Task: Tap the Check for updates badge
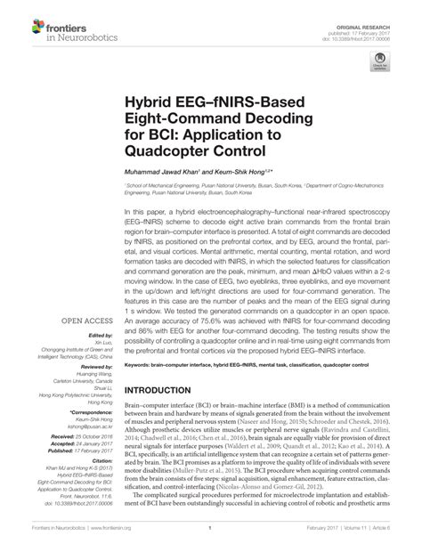click(381, 61)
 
